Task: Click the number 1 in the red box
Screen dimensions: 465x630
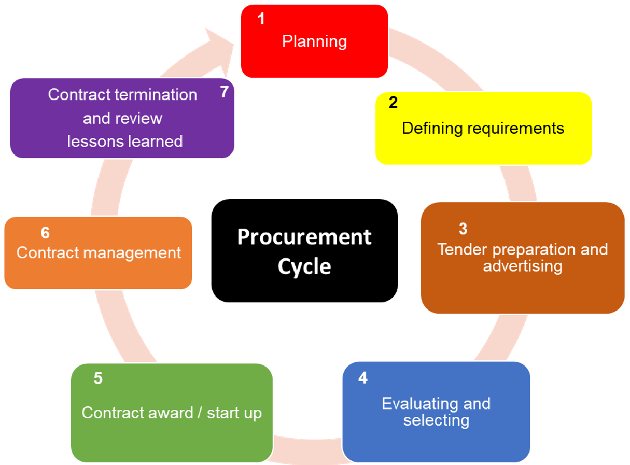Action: click(261, 19)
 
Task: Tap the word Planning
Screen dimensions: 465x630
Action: click(314, 41)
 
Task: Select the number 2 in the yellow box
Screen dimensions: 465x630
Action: click(393, 103)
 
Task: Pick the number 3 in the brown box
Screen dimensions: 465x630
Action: click(463, 229)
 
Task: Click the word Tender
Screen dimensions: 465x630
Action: click(463, 249)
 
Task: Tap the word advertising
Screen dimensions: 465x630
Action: click(523, 266)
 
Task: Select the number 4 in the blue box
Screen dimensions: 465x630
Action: click(363, 378)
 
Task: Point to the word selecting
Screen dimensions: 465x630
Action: click(436, 420)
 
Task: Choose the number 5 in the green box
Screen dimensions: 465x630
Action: click(98, 378)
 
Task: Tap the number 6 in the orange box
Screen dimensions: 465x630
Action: click(45, 233)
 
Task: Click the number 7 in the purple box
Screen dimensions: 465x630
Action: click(224, 92)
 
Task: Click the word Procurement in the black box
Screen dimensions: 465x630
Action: click(304, 237)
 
